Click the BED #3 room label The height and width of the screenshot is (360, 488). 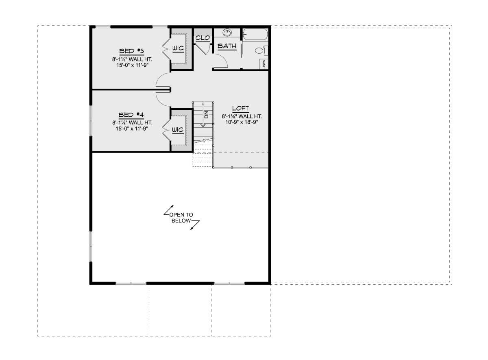point(132,51)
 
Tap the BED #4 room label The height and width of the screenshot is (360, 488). point(131,115)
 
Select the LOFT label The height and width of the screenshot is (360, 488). point(240,108)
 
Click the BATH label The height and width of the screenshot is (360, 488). point(227,46)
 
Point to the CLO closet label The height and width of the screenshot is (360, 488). point(203,38)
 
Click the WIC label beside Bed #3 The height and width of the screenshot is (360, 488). point(178,48)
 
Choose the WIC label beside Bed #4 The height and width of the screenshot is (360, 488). point(178,130)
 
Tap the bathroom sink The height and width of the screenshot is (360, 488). point(227,33)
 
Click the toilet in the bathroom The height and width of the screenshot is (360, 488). point(261,50)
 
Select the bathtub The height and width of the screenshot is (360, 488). point(255,34)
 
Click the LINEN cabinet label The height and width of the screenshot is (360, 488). point(264,64)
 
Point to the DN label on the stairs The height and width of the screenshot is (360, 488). point(207,115)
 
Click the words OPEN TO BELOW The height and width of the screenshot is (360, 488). point(181,218)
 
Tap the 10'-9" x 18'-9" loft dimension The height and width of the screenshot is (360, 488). point(242,122)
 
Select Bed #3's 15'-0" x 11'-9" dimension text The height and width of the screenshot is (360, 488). point(132,65)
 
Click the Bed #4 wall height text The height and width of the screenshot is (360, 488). point(132,123)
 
